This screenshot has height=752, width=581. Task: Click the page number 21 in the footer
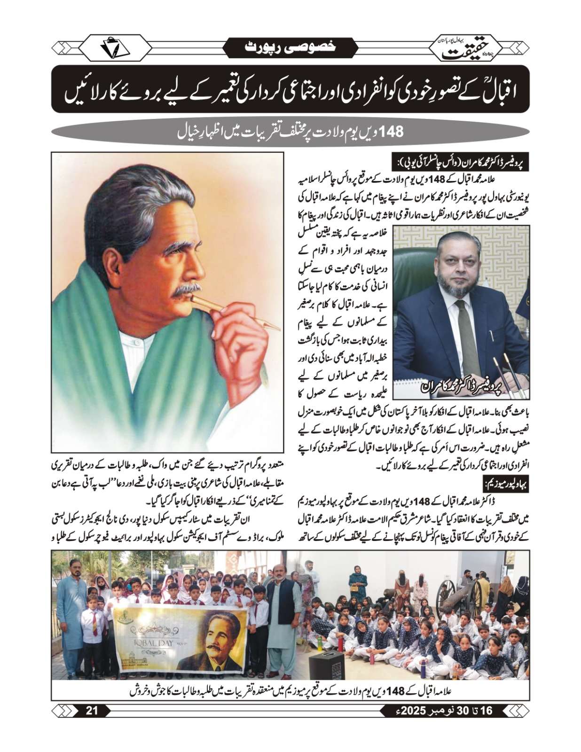coord(92,710)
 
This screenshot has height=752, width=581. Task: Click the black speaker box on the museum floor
coord(327,665)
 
